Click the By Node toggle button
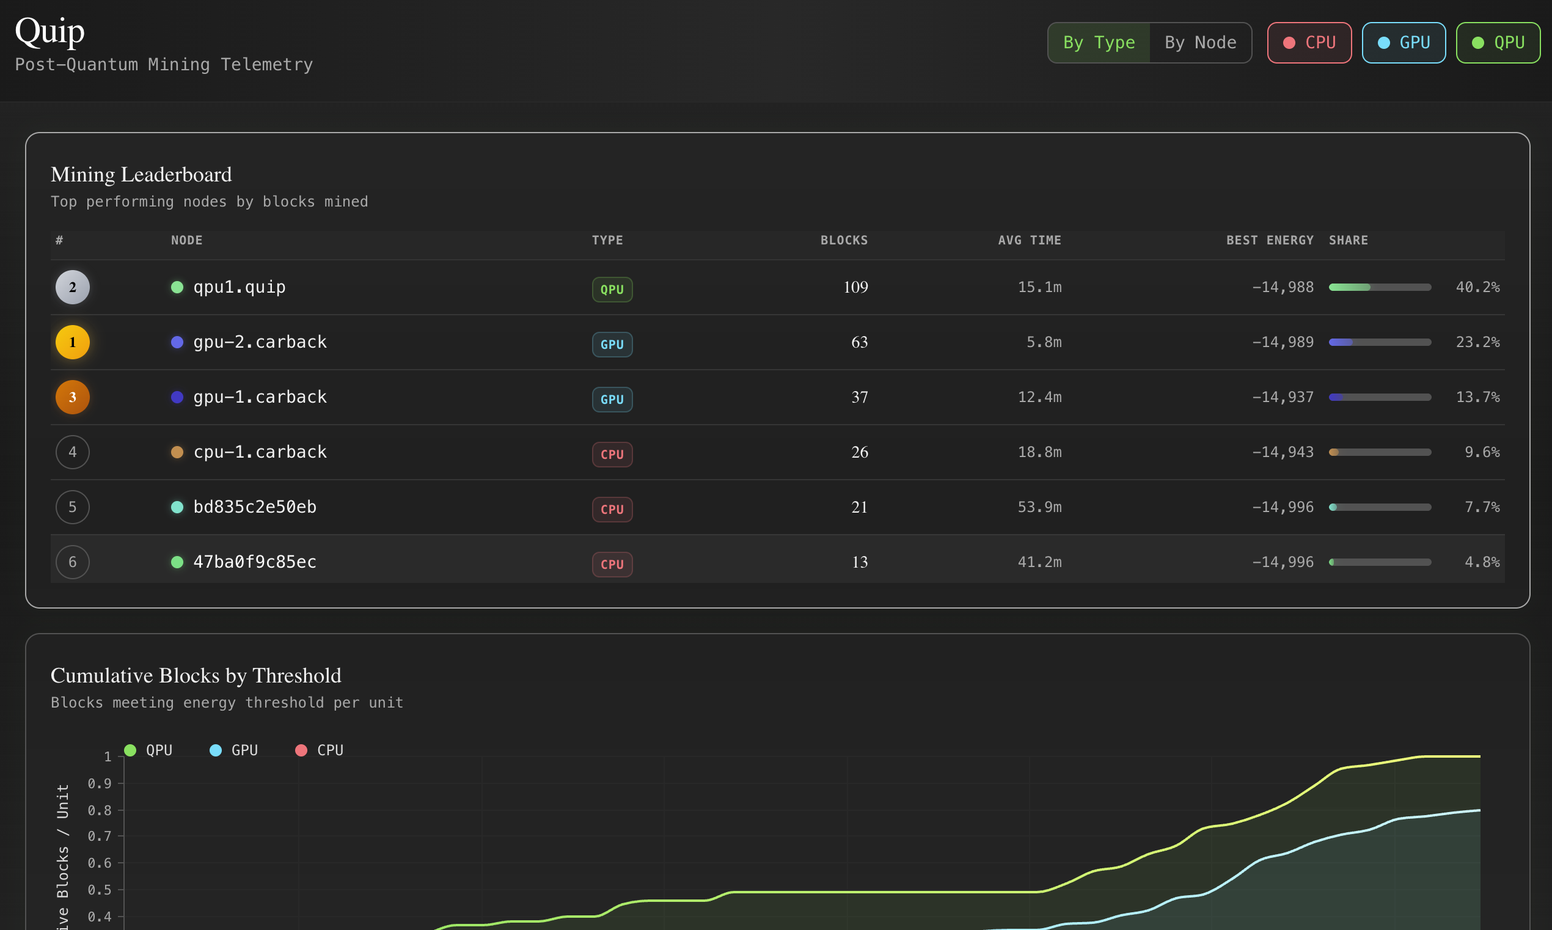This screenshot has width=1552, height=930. click(x=1200, y=43)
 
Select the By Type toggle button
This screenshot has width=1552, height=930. click(x=1099, y=43)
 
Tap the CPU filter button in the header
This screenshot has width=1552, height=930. click(x=1309, y=43)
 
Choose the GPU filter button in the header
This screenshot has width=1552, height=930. click(x=1404, y=43)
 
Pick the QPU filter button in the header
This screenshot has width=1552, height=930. click(x=1498, y=43)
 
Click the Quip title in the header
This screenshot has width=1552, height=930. click(x=49, y=31)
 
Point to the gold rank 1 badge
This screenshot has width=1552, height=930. click(x=73, y=342)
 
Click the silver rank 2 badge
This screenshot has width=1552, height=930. click(x=73, y=287)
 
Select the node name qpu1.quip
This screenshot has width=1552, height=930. click(x=240, y=287)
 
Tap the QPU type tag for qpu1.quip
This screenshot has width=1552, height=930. click(x=612, y=290)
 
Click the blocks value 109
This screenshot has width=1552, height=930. click(x=855, y=287)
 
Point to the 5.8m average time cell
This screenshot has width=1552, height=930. click(x=1043, y=342)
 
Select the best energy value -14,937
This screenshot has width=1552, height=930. click(x=1282, y=397)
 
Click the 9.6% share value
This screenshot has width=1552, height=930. click(x=1482, y=452)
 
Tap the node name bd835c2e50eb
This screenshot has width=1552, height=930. click(x=254, y=507)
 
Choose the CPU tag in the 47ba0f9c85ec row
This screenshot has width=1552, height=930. click(x=612, y=564)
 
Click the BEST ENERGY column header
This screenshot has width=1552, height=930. click(x=1270, y=240)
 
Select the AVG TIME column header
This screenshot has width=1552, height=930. click(x=1029, y=240)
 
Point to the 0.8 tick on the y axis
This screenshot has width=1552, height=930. click(x=100, y=810)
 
